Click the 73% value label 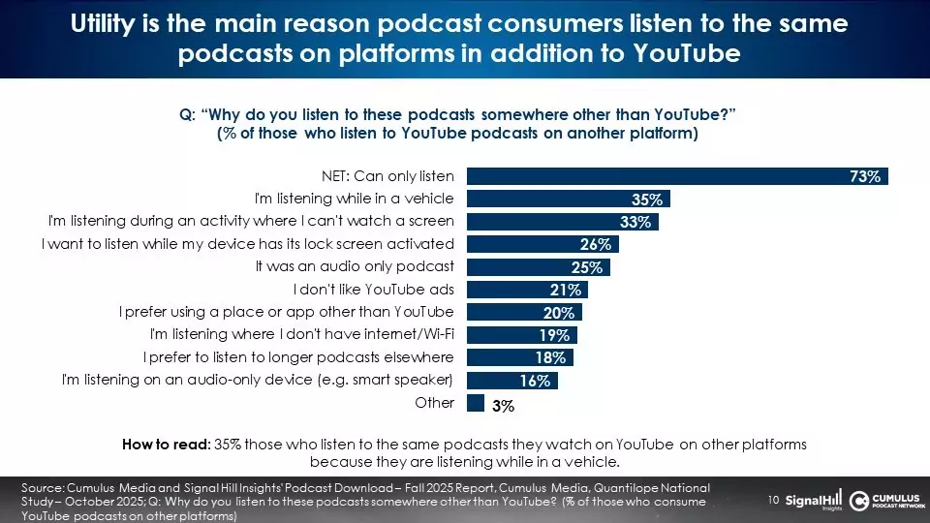[865, 176]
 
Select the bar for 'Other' [475, 403]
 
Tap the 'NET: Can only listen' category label [387, 176]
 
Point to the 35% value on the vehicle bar [646, 200]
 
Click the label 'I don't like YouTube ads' [373, 290]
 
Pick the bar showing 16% [511, 381]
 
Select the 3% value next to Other [503, 407]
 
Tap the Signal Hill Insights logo [813, 500]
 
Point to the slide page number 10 [773, 500]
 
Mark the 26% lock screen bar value [596, 244]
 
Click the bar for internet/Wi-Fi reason [521, 335]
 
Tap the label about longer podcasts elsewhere [298, 357]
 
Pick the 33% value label [635, 222]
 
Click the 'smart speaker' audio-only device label [258, 380]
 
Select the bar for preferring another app [524, 312]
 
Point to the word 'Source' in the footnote [42, 487]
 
